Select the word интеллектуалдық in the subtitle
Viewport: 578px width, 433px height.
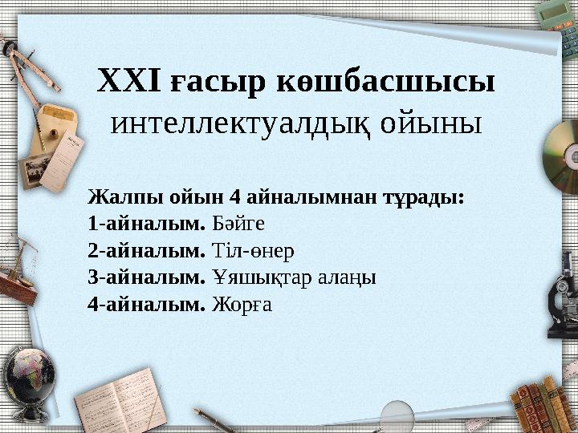[x=240, y=123]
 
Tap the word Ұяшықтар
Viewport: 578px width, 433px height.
[x=254, y=278]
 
